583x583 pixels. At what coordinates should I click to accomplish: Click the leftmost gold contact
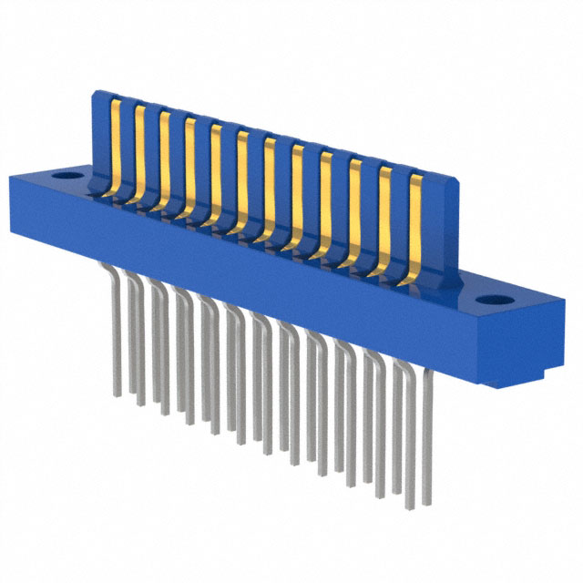tap(117, 146)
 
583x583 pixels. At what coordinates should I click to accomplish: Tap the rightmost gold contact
tap(415, 219)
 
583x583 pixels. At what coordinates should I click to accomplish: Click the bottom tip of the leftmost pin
tap(117, 394)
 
